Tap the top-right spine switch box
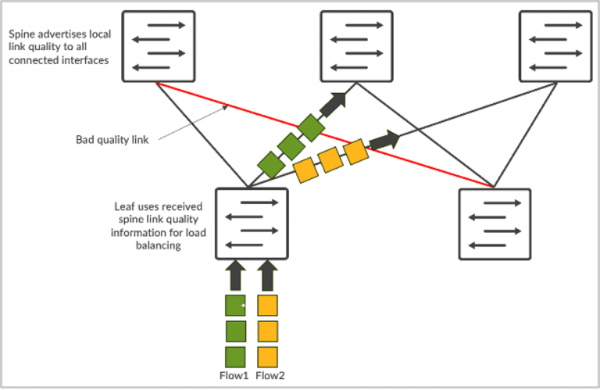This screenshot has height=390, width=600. coord(555,47)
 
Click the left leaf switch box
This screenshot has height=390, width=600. coord(252,224)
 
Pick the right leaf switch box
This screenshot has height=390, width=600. coord(495,224)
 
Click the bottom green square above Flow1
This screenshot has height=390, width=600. coord(235,356)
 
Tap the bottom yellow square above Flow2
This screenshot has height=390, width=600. coord(268,356)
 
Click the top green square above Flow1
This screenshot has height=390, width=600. coord(235,306)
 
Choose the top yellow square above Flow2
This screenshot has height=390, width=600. coord(268,306)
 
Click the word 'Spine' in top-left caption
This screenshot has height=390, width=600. coord(21,34)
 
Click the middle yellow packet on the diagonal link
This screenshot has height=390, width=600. coord(330,160)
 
